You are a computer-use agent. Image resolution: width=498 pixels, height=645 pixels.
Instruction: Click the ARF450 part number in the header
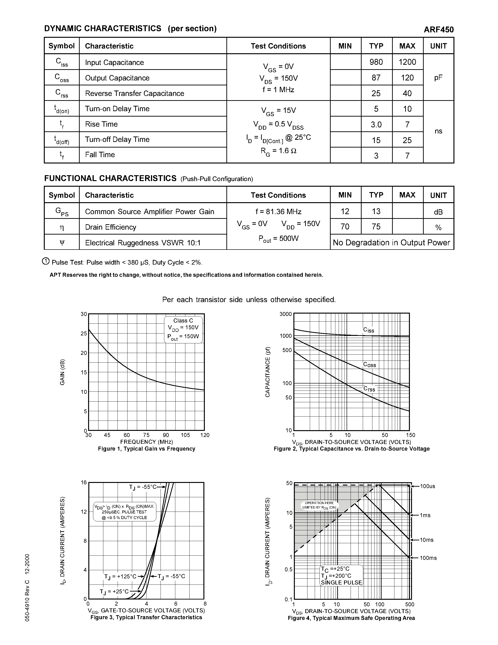438,30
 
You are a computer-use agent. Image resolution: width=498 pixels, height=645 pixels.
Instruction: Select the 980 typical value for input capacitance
376,62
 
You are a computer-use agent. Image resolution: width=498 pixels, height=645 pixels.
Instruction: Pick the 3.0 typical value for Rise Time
376,125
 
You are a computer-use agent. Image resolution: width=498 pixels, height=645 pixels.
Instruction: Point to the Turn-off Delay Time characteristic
117,139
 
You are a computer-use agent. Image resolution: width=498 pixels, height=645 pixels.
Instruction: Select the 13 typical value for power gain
376,212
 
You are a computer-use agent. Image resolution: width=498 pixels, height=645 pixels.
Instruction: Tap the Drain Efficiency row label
111,227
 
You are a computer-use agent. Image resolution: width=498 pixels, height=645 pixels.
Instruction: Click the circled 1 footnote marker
46,261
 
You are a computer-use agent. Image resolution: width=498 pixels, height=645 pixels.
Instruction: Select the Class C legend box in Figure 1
183,329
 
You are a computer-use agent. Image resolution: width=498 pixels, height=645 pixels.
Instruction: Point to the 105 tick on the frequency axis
185,435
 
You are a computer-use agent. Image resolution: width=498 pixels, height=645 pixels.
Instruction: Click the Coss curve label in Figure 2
369,365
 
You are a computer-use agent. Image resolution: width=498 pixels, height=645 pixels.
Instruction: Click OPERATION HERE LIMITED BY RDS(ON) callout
319,505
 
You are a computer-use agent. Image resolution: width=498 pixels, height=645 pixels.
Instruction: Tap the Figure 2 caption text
351,449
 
